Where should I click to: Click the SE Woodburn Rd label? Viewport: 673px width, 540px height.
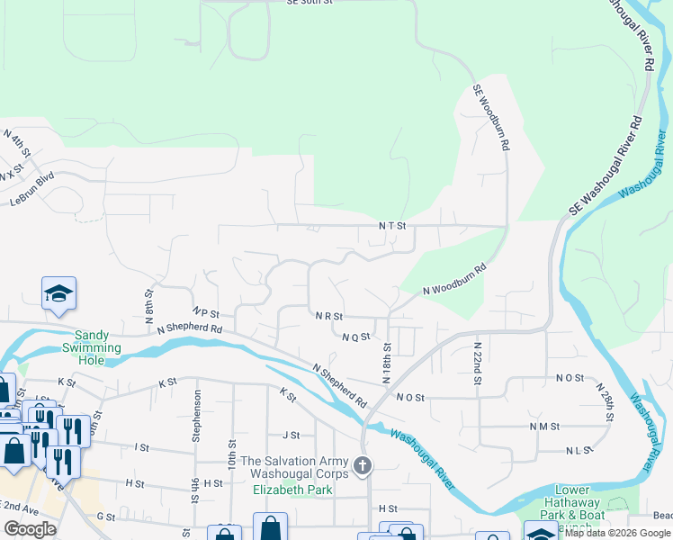pyautogui.click(x=493, y=118)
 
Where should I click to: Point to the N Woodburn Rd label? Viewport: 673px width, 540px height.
pyautogui.click(x=454, y=279)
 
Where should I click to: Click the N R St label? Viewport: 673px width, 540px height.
pyautogui.click(x=329, y=317)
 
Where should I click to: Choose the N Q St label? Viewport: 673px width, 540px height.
pyautogui.click(x=356, y=337)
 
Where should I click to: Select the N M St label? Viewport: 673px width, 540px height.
pyautogui.click(x=545, y=426)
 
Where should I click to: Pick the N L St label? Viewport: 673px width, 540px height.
pyautogui.click(x=579, y=450)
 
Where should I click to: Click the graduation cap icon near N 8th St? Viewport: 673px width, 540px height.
pyautogui.click(x=58, y=292)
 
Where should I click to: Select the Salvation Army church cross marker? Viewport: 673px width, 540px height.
pyautogui.click(x=362, y=465)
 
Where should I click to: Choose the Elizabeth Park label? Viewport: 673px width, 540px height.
pyautogui.click(x=292, y=490)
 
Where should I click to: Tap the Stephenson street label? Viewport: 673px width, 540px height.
pyautogui.click(x=196, y=416)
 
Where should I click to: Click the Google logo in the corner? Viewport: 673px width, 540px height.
pyautogui.click(x=30, y=529)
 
